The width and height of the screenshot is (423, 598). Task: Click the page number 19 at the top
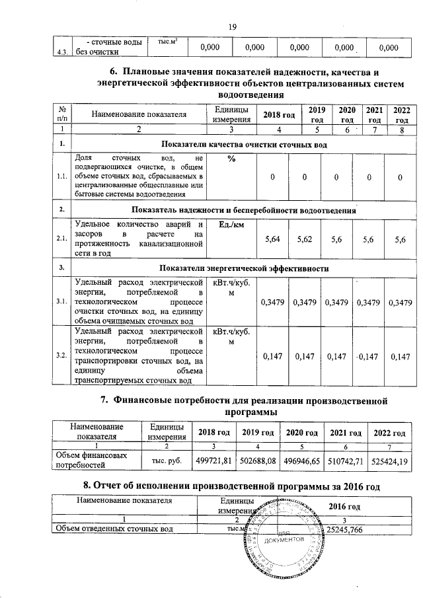232,26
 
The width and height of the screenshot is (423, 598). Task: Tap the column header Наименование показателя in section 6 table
139,114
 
